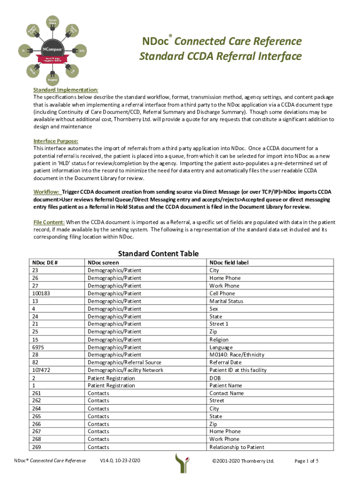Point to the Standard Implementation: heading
[65, 90]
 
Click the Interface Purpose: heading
[56, 141]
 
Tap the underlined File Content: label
[49, 222]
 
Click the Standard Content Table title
[158, 254]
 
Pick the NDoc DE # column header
[44, 263]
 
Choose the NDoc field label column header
[229, 263]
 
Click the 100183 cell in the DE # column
[41, 294]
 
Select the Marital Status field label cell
[226, 301]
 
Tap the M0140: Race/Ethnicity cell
[235, 355]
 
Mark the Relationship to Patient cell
[237, 447]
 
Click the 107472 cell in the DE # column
[41, 370]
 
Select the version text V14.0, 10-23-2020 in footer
[120, 461]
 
